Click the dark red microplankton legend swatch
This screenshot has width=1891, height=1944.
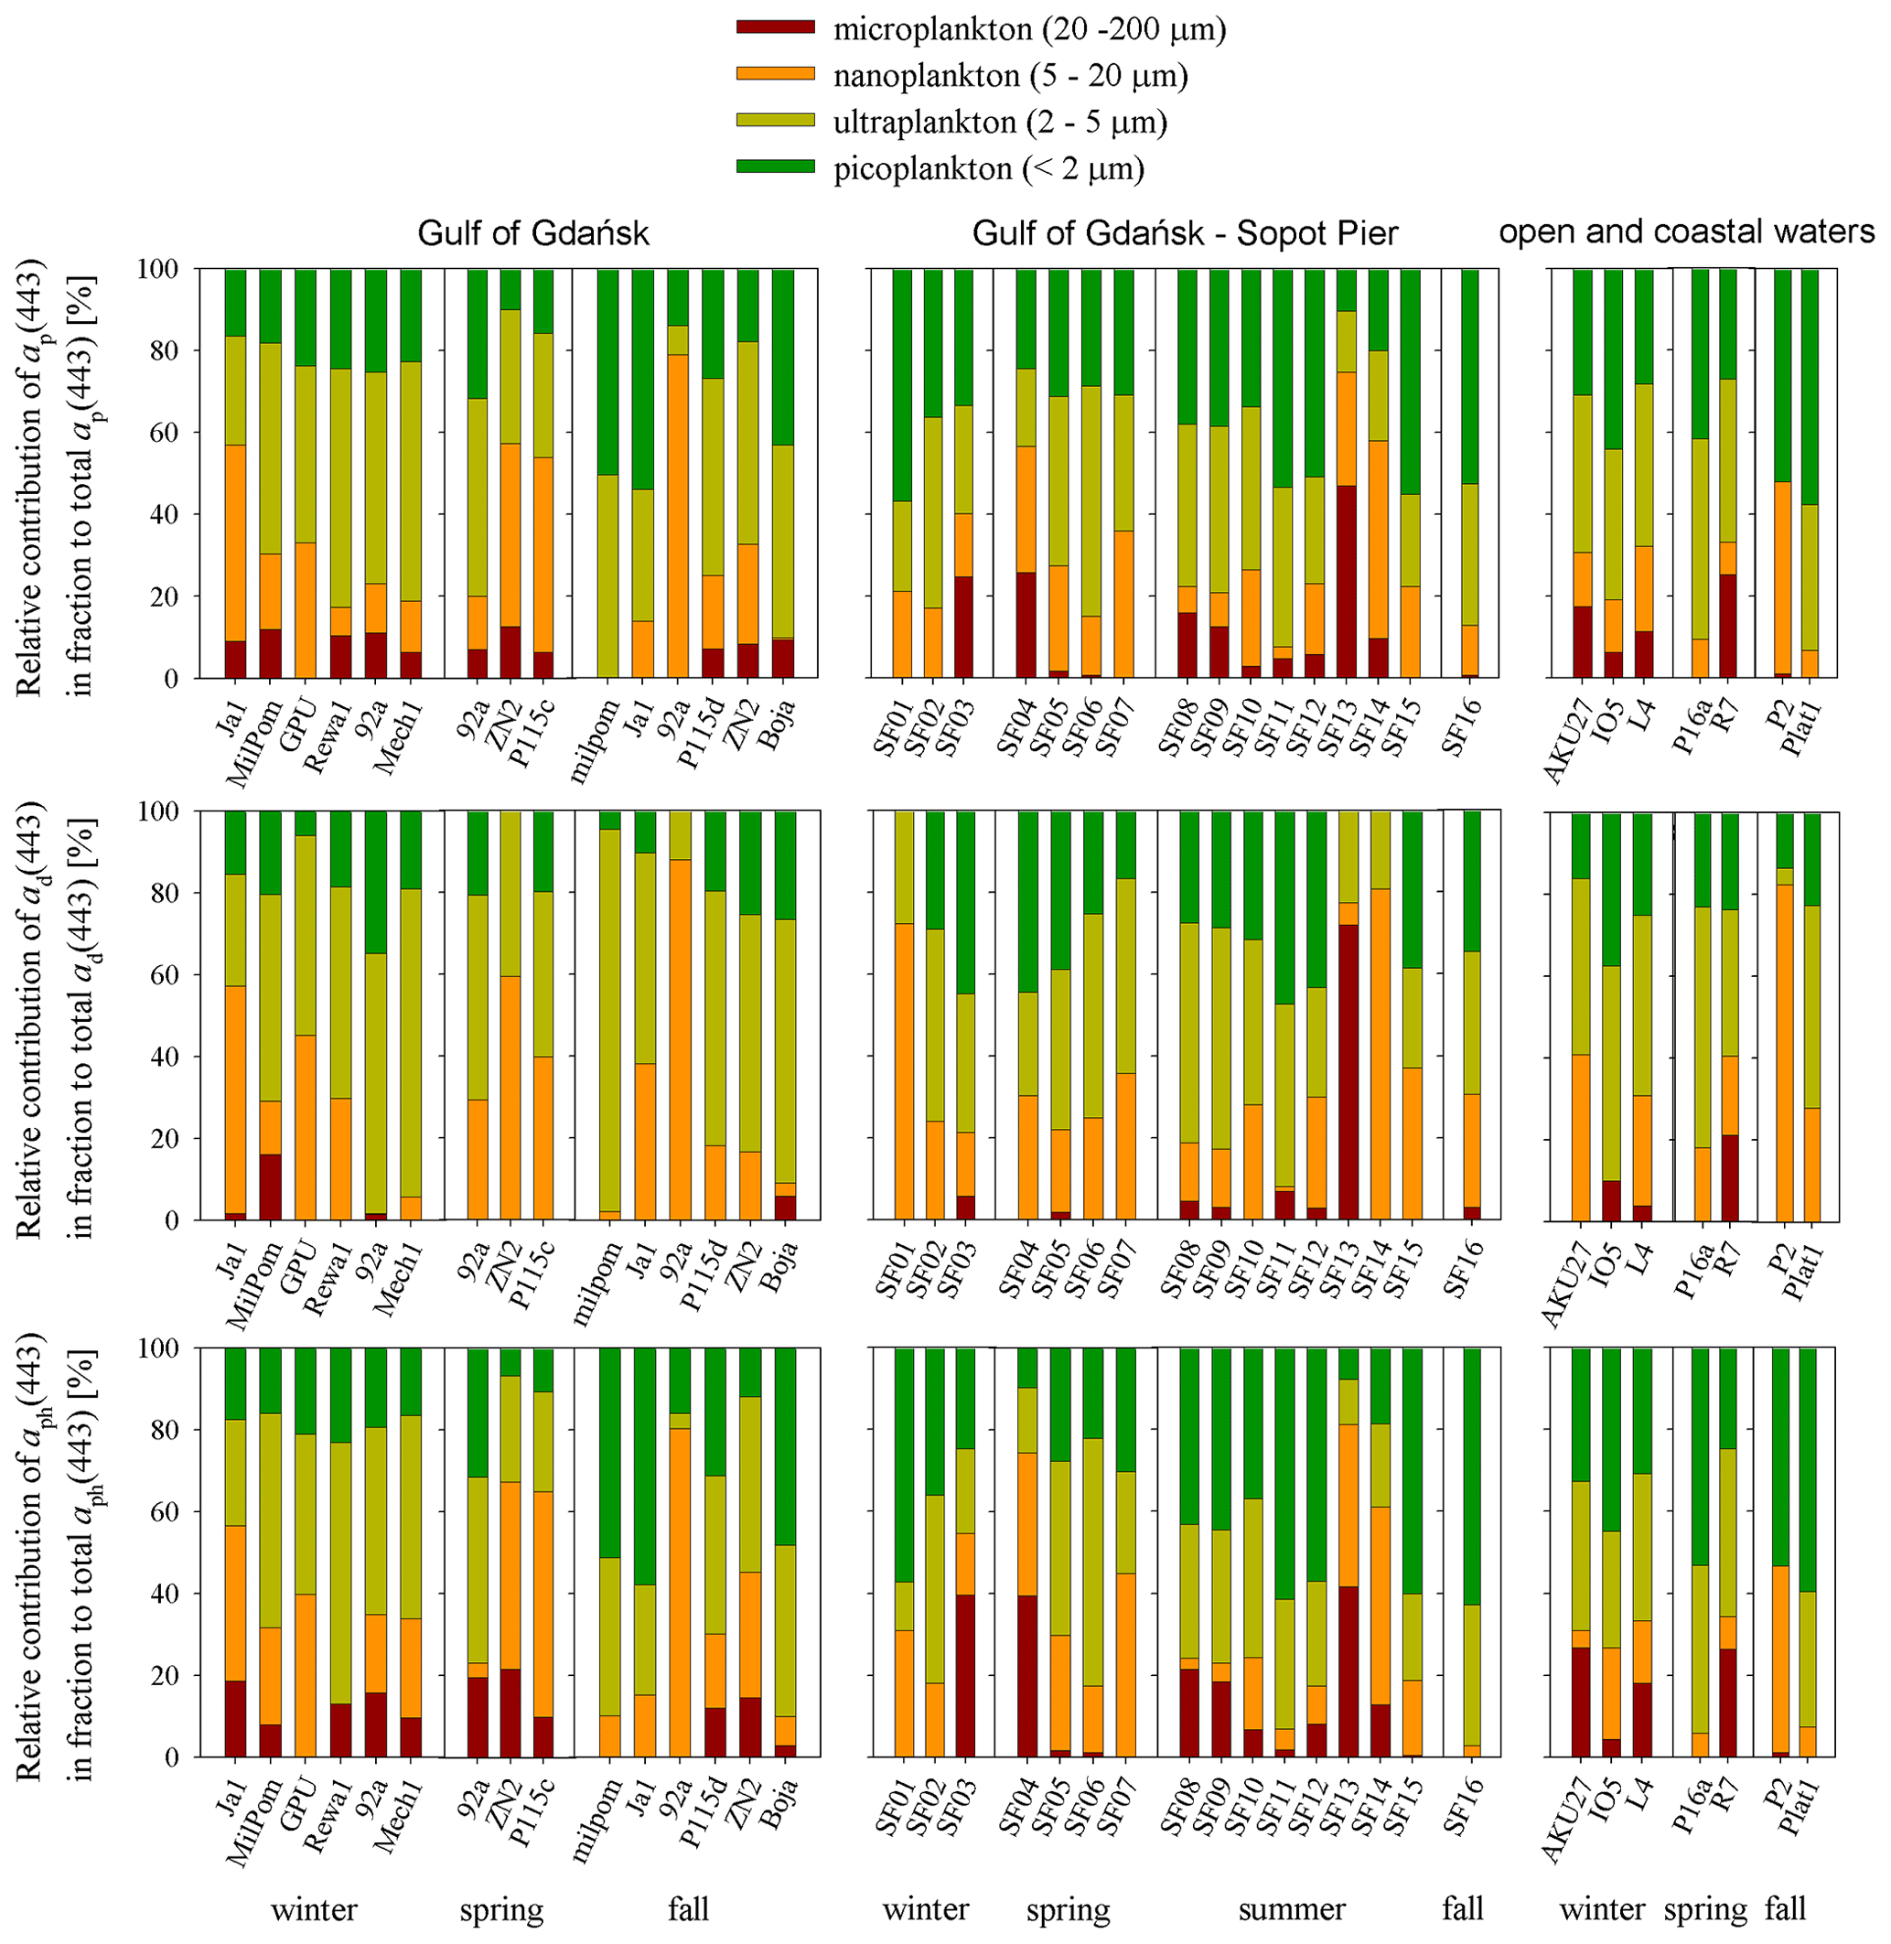tap(775, 27)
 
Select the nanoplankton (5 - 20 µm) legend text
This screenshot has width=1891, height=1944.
tap(1010, 76)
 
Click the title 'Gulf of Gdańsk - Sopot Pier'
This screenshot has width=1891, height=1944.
tap(1184, 233)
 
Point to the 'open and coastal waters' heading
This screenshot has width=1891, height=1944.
tap(1685, 231)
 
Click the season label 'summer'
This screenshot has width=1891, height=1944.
tap(1291, 1908)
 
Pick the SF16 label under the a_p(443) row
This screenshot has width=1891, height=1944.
tap(1463, 728)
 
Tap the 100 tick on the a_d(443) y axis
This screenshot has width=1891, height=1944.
tap(162, 811)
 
